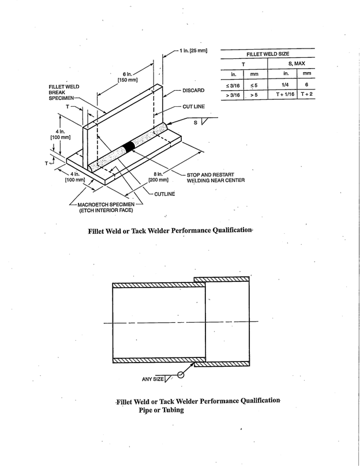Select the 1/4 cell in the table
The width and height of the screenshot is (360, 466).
pos(285,84)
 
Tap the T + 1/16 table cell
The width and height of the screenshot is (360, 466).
pos(285,94)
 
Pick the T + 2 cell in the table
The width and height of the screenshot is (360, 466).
pos(306,94)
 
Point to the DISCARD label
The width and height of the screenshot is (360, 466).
pos(193,91)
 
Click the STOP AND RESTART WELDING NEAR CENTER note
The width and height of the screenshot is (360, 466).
pos(215,177)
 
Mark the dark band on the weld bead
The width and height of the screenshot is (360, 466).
pos(130,146)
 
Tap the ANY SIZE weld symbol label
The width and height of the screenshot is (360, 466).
pos(153,379)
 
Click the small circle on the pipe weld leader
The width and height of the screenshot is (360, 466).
pos(181,374)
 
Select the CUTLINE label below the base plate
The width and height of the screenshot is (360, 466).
pos(164,194)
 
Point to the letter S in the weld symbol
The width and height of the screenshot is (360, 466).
pos(195,122)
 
